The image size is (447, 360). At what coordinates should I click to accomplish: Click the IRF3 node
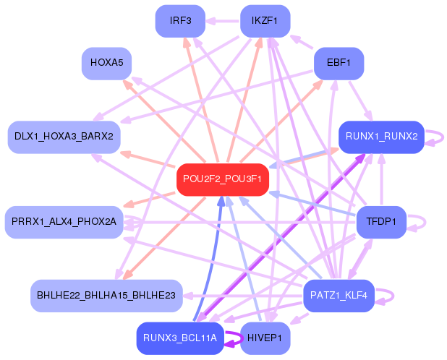coord(180,20)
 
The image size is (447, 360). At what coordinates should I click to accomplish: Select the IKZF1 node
coord(265,20)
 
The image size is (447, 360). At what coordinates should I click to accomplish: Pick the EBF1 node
coord(339,64)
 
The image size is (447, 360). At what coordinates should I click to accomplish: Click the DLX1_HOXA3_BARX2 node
coord(64,137)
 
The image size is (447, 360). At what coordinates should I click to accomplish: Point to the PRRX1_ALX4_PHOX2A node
coord(64,222)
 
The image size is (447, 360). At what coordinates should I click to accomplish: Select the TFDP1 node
coord(381,222)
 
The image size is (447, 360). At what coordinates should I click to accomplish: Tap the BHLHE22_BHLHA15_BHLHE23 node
coord(106,295)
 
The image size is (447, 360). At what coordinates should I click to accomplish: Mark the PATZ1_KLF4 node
coord(339,295)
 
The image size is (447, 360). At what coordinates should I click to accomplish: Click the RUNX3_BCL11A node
coord(180,338)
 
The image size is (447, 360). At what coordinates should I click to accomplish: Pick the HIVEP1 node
coord(265,338)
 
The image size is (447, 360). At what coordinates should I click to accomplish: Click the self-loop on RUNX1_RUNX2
coord(435,137)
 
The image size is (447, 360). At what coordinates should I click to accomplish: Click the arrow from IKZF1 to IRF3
coord(223,20)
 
